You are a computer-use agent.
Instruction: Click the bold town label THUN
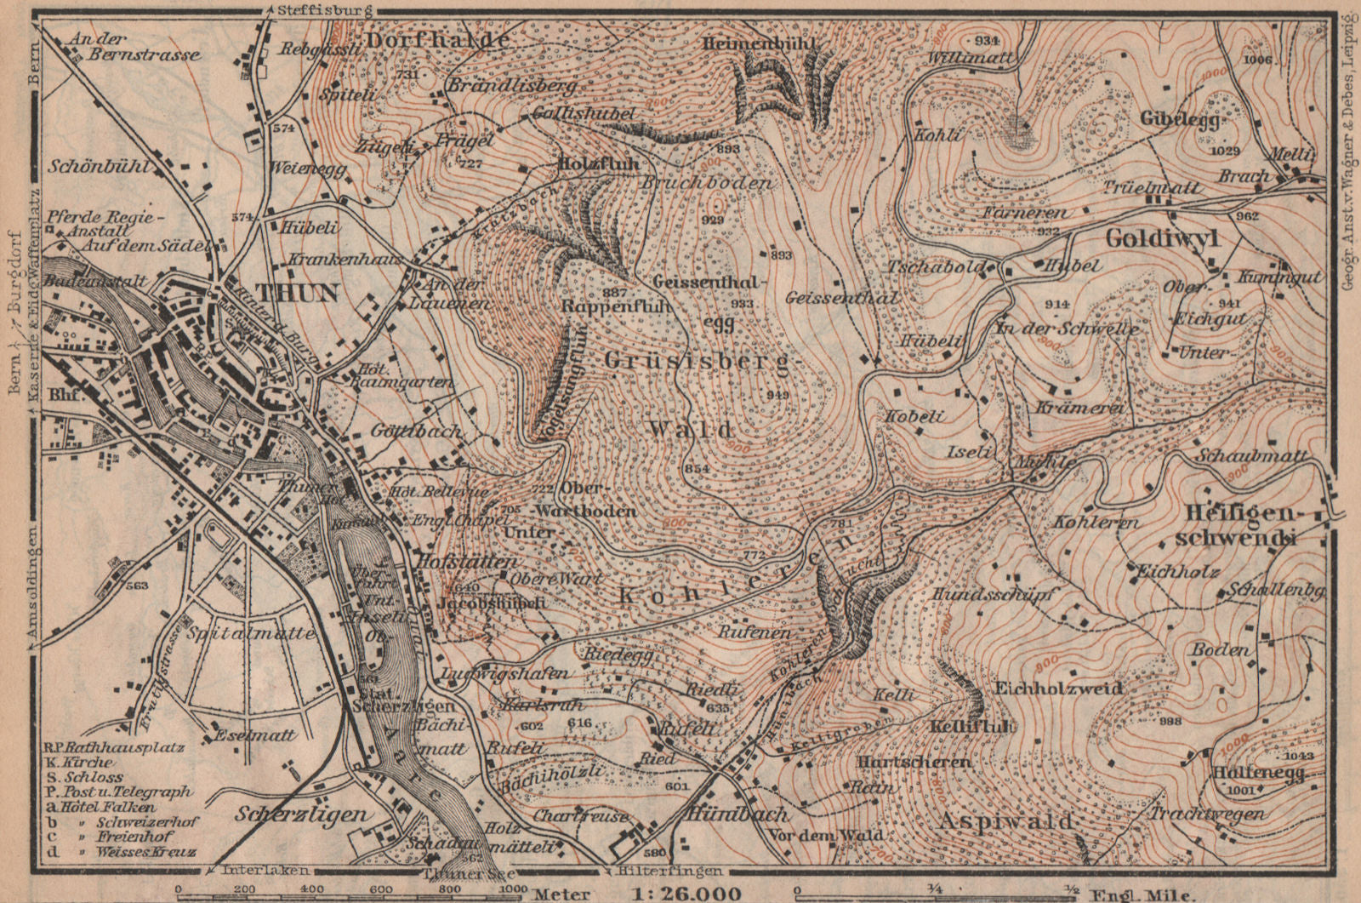point(298,294)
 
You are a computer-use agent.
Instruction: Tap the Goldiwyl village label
point(1162,239)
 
